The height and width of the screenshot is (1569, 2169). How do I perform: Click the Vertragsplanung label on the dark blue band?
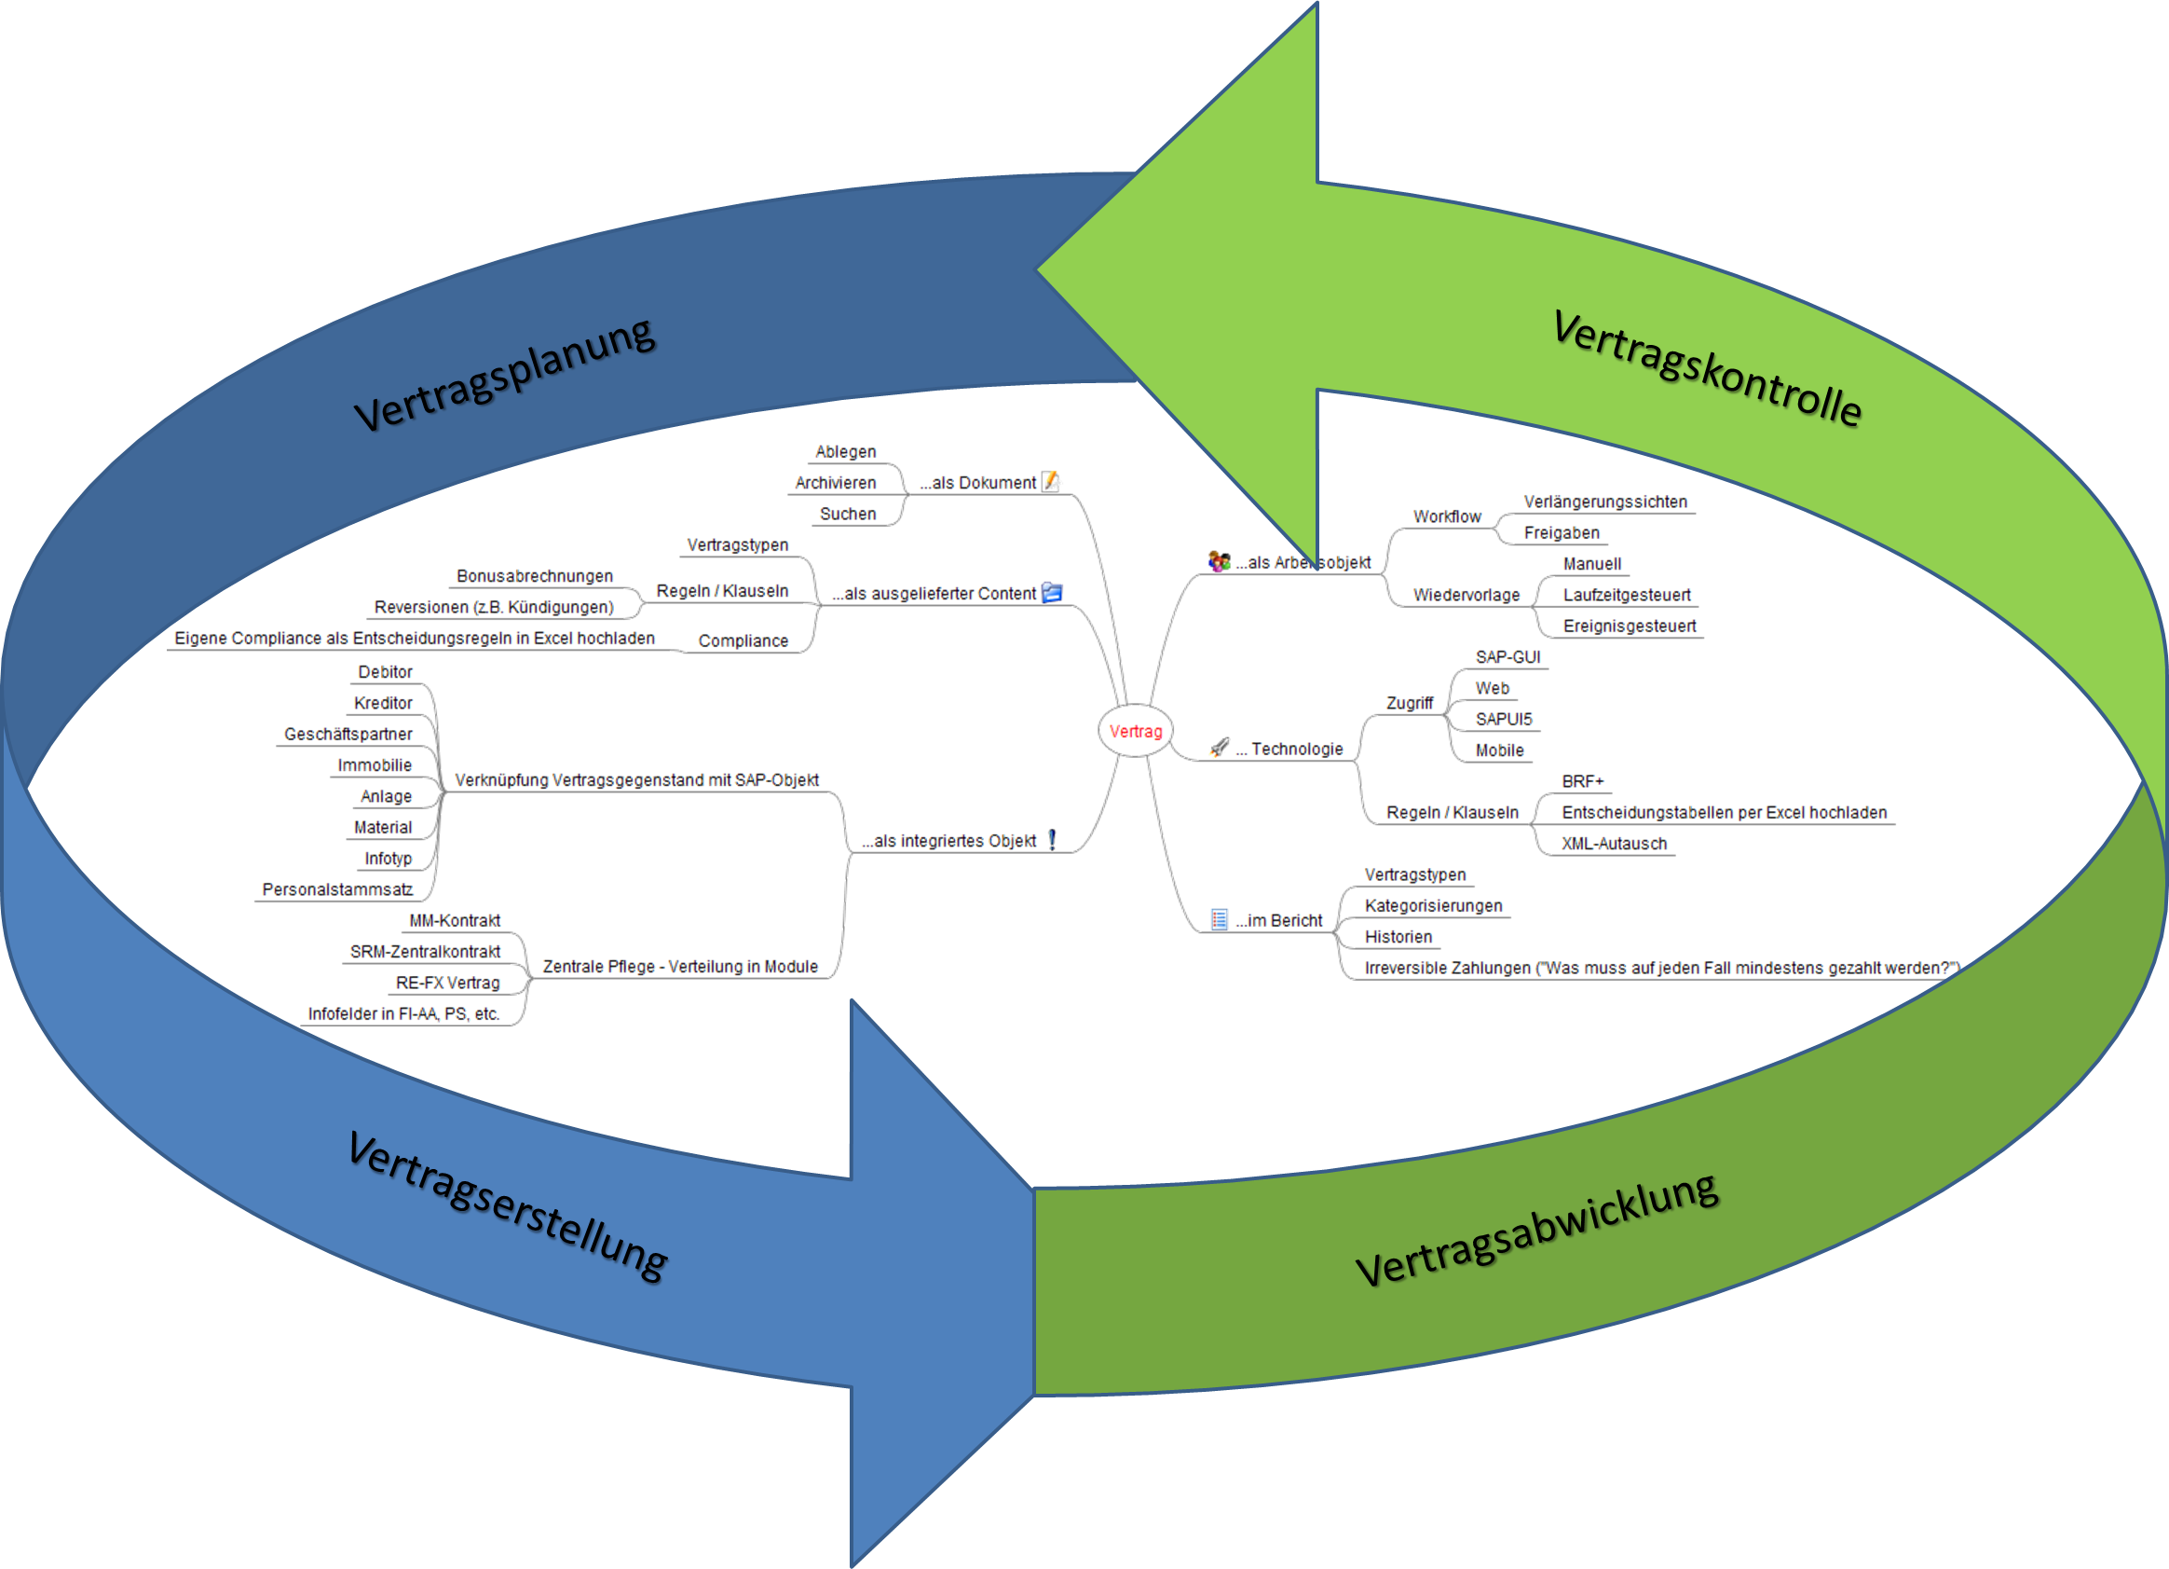[505, 374]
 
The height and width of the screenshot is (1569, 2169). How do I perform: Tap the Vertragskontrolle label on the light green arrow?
[1706, 368]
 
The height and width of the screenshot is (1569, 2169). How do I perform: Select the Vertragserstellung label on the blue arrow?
[507, 1205]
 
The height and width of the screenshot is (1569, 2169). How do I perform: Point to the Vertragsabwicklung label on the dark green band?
[1537, 1231]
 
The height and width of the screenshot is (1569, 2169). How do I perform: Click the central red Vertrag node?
[1135, 732]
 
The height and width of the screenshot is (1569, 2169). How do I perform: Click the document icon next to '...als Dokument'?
[1052, 481]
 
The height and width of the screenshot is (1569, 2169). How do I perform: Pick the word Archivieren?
[836, 483]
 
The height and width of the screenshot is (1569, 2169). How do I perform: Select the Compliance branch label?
[743, 641]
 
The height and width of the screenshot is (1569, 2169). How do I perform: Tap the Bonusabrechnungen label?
[535, 576]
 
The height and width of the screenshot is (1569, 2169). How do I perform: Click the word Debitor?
[386, 671]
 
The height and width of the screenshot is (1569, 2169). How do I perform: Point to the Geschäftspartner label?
[348, 735]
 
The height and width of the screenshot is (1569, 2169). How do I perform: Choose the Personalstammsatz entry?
[336, 889]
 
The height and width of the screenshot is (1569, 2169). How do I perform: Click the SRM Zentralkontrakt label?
[426, 952]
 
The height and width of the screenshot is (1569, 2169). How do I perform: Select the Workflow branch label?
[1448, 516]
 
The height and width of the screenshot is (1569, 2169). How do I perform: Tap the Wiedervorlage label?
[1466, 595]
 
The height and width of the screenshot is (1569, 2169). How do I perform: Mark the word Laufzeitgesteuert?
[1627, 595]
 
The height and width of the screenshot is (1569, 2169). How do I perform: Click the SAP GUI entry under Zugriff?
[1508, 657]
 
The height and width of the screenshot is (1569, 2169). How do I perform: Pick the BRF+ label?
[1582, 781]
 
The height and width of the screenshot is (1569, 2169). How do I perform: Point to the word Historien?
[1399, 937]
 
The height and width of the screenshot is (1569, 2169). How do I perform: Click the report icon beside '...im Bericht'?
[1219, 920]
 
